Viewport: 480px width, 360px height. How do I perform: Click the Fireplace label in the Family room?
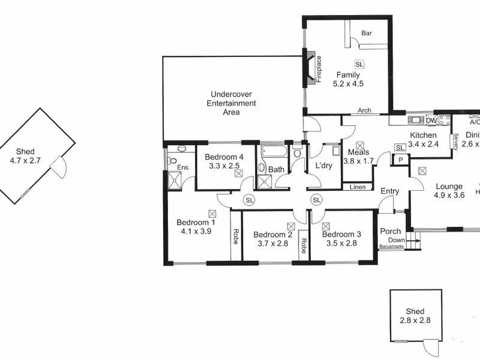click(x=319, y=69)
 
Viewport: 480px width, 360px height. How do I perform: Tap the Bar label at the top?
click(x=367, y=34)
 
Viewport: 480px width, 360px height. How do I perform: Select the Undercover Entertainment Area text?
click(x=231, y=103)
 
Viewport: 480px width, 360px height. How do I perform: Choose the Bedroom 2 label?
click(x=273, y=235)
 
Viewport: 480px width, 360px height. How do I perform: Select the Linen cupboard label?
click(x=358, y=187)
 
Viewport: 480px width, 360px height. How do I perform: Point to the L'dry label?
click(x=316, y=165)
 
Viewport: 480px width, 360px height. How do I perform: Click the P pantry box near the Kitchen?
click(x=400, y=159)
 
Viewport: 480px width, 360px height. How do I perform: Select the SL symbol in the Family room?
click(x=359, y=64)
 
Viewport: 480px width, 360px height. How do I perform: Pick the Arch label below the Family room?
click(x=364, y=110)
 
